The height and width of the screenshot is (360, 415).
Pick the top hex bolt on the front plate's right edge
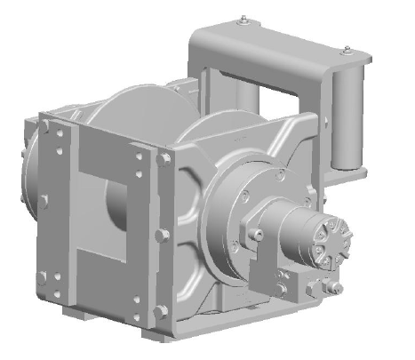(164, 161)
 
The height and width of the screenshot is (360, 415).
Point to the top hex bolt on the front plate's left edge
(43, 130)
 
